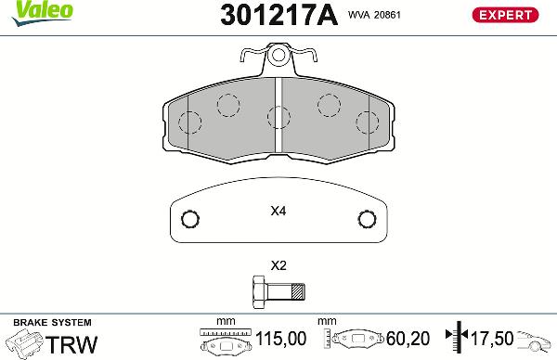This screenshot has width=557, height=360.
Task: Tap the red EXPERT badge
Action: click(504, 15)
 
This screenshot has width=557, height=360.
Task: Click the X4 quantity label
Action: click(278, 212)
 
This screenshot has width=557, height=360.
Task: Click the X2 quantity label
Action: click(278, 265)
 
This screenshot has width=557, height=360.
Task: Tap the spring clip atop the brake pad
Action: click(278, 60)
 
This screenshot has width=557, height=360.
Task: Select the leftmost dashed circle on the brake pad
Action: click(190, 122)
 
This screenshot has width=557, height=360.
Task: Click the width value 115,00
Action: click(287, 340)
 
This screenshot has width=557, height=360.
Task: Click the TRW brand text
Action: click(72, 344)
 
